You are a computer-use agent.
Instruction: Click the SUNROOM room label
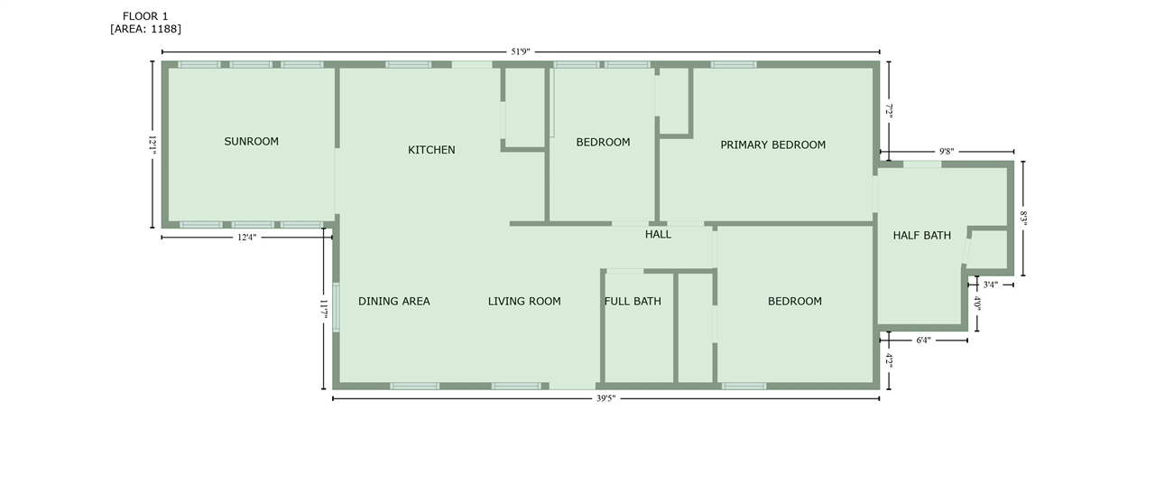tap(251, 142)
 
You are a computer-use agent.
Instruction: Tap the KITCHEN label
tap(431, 150)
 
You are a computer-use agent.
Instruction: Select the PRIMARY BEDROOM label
tap(773, 145)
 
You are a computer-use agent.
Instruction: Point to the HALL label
tap(658, 234)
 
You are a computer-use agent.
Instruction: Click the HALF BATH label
tap(922, 236)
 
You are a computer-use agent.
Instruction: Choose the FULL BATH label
tap(633, 302)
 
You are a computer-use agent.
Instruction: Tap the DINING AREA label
tap(394, 302)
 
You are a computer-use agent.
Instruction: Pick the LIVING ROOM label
tap(524, 302)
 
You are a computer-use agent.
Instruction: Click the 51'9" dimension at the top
tap(521, 51)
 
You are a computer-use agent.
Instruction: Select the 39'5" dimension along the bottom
tap(605, 398)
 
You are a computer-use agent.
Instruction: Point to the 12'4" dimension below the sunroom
tap(246, 238)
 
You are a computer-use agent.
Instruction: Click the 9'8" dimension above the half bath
tap(947, 152)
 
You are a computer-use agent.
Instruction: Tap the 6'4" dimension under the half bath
tap(923, 341)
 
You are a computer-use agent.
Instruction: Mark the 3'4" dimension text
tap(991, 285)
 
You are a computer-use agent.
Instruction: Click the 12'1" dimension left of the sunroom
tap(152, 145)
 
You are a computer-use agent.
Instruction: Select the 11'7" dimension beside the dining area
tap(324, 309)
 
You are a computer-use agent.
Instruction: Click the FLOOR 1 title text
tap(145, 16)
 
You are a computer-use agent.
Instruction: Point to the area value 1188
tap(164, 29)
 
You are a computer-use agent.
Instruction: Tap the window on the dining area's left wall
tap(336, 308)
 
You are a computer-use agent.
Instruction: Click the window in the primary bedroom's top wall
tap(734, 64)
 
